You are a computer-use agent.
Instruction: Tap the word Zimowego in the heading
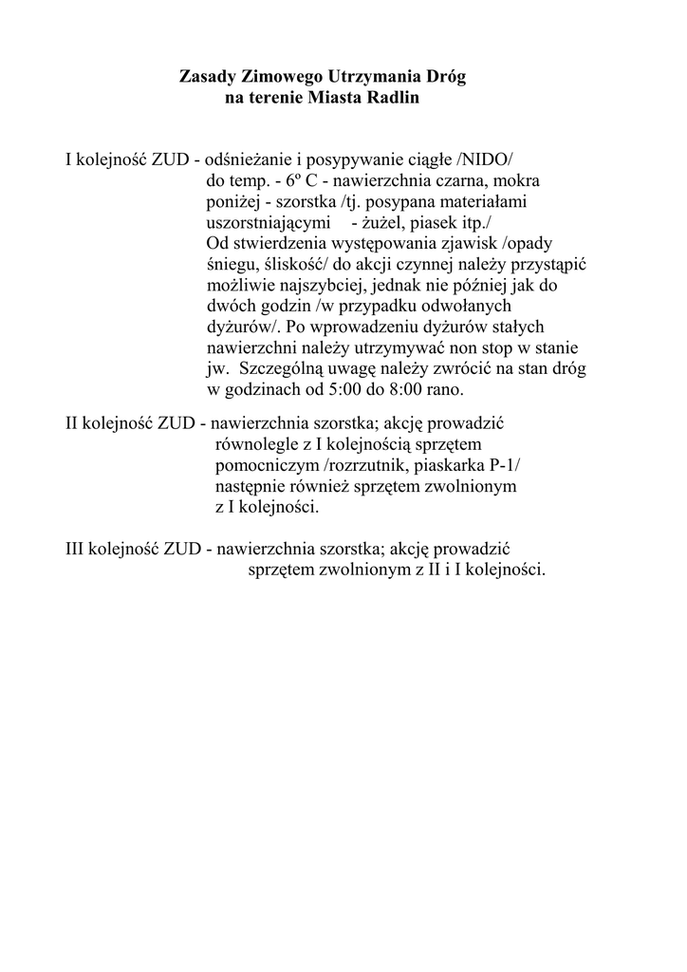[x=282, y=75]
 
